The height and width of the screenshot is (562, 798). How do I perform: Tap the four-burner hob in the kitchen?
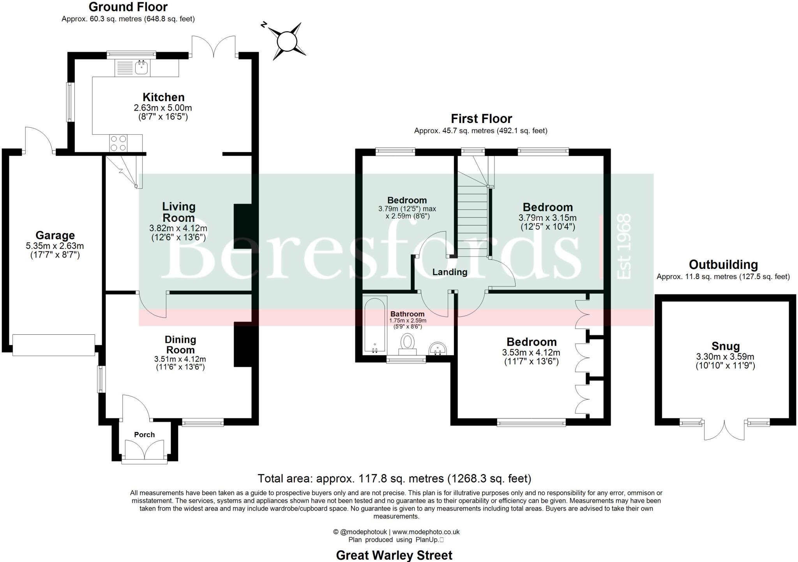[x=118, y=143]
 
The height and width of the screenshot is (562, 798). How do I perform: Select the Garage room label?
[x=55, y=235]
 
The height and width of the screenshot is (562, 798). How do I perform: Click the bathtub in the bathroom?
[x=374, y=325]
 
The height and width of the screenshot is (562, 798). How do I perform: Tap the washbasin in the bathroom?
[x=439, y=348]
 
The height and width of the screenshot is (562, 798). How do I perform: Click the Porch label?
[x=144, y=435]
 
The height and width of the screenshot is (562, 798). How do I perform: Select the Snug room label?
[x=725, y=346]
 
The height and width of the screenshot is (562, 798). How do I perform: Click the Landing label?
[x=450, y=272]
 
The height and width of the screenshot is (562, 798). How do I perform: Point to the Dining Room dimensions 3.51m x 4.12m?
[x=180, y=359]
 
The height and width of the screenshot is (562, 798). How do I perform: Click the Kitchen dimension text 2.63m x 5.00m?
[x=162, y=108]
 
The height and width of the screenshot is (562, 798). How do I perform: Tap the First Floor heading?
[x=481, y=119]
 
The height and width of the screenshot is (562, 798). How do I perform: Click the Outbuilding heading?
[x=723, y=265]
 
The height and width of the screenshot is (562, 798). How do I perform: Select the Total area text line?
[x=394, y=478]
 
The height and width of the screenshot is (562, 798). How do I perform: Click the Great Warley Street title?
[x=394, y=555]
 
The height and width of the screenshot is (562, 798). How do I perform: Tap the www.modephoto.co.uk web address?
[x=426, y=532]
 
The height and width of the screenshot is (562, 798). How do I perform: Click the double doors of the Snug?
[x=724, y=430]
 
